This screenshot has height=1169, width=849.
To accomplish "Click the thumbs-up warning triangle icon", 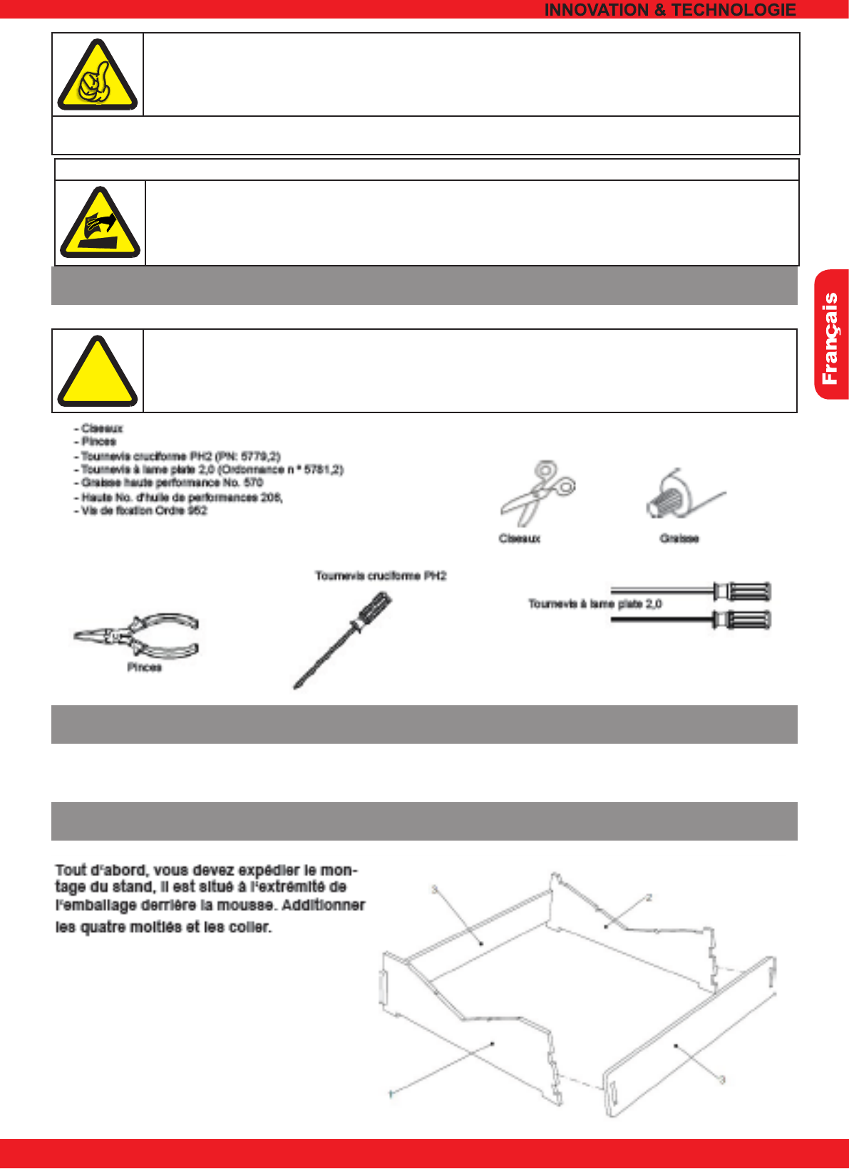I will pyautogui.click(x=98, y=76).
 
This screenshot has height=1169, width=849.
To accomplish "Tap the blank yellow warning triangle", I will pyautogui.click(x=97, y=373).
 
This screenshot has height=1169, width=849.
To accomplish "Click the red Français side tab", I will pyautogui.click(x=831, y=335).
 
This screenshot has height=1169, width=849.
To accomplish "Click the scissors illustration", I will pyautogui.click(x=537, y=492).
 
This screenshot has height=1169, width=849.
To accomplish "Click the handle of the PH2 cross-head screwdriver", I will pyautogui.click(x=373, y=611).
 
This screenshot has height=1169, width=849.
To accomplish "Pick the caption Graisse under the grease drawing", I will pyautogui.click(x=679, y=539).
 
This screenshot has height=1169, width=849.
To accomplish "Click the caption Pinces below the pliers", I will pyautogui.click(x=144, y=667).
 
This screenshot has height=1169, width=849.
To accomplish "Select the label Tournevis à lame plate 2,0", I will pyautogui.click(x=595, y=604).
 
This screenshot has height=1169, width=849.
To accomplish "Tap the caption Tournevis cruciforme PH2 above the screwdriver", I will pyautogui.click(x=381, y=576).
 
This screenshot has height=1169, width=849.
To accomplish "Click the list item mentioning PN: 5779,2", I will pyautogui.click(x=180, y=456).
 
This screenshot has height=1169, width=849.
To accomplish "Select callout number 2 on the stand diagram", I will pyautogui.click(x=649, y=898).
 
